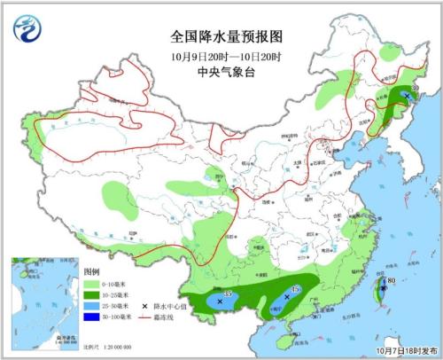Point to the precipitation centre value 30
pos(415,89)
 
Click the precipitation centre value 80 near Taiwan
pos(391,282)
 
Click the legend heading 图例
pos(91,270)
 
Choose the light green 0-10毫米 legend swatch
pos(91,283)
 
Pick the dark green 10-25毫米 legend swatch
pos(91,293)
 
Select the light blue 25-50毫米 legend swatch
pos(91,304)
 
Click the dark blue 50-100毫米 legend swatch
pos(91,315)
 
